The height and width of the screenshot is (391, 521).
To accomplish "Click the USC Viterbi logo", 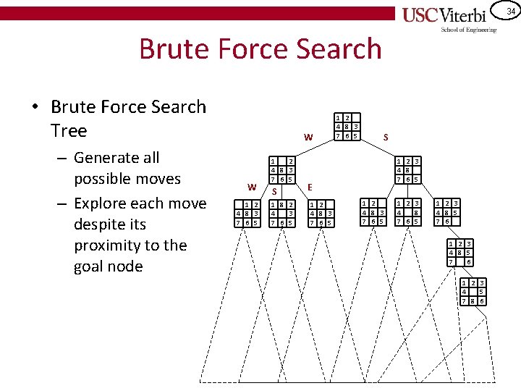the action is (x=449, y=15).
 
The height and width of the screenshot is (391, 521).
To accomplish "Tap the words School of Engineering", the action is (x=469, y=30).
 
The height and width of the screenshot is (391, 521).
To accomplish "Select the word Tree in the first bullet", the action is (x=69, y=131).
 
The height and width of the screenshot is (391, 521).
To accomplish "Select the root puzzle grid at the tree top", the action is (x=347, y=127).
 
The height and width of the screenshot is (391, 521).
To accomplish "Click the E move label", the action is (x=310, y=187).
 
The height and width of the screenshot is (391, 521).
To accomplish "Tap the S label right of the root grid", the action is (x=386, y=136).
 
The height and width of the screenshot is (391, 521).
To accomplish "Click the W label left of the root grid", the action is (x=308, y=137).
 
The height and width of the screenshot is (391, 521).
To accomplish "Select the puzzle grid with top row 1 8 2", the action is (x=280, y=213).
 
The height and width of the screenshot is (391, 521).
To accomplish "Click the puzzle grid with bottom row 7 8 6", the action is (x=473, y=291).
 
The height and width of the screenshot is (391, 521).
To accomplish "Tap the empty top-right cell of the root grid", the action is (x=355, y=118).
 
